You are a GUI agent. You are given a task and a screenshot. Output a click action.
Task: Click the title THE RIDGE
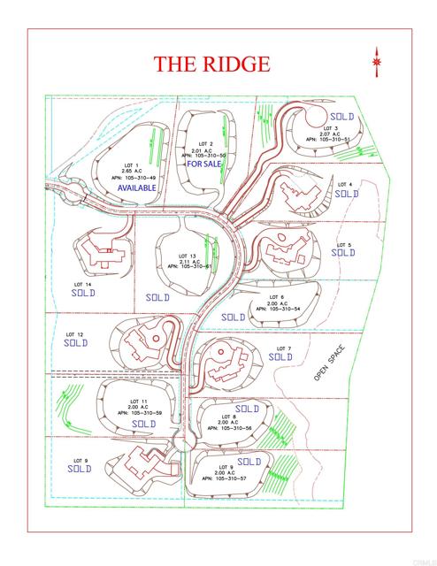tap(211, 64)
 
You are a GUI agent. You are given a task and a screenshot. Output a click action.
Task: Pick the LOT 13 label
tap(187, 256)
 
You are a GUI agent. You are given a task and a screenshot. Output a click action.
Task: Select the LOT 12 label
tap(74, 334)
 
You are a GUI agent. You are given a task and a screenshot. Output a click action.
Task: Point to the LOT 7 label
tap(283, 348)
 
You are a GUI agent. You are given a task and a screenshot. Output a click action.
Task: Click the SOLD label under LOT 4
tap(346, 193)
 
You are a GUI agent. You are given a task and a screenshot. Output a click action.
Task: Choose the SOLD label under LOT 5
tap(342, 253)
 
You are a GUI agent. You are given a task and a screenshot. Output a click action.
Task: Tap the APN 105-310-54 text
tap(280, 310)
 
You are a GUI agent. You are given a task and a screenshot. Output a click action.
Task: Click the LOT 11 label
tap(137, 402)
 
